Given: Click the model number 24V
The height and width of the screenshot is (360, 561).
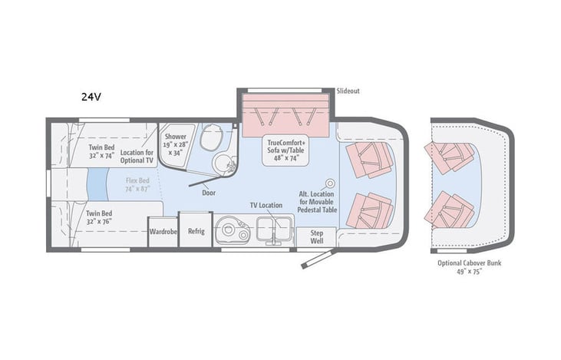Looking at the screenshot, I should (93, 97).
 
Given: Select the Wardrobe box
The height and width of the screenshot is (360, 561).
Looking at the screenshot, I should (163, 232).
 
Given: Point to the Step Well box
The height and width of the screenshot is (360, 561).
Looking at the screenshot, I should (316, 236).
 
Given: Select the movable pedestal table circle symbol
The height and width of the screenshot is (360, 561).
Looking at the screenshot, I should (331, 184).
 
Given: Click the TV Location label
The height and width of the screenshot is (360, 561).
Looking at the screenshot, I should (266, 206).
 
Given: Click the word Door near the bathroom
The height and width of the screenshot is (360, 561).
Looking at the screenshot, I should (208, 193).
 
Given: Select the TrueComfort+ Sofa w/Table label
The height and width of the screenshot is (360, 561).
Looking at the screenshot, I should (286, 147).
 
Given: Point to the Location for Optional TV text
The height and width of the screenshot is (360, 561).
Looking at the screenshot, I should (137, 157).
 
